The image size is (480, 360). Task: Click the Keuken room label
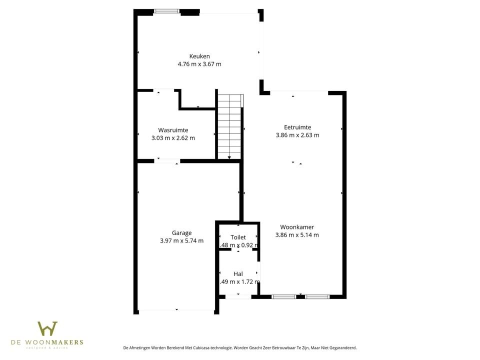[199, 56]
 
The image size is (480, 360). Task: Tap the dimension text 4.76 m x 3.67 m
[199, 64]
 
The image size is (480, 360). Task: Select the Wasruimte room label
[173, 130]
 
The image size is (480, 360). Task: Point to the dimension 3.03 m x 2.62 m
[173, 138]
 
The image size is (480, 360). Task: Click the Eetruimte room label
[297, 127]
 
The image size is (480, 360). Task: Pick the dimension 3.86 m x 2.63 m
[297, 135]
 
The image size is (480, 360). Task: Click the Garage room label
[181, 232]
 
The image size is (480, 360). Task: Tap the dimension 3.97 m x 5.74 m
[181, 240]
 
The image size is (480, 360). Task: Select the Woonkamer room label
[297, 227]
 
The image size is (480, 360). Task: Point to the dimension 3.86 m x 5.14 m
[297, 235]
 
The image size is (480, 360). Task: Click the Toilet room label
[238, 237]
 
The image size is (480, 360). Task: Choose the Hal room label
[238, 273]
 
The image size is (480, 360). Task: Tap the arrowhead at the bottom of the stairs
[229, 158]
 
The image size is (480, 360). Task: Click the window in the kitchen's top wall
[166, 11]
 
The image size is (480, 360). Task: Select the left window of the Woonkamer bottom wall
[283, 297]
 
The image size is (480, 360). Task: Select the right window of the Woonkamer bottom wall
[317, 297]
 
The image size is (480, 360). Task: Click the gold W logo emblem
[47, 329]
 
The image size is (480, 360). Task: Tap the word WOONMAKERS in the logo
[59, 342]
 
